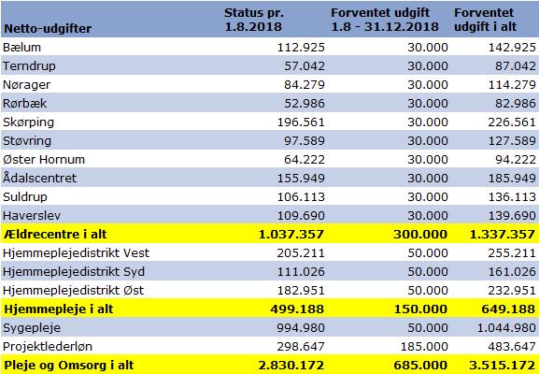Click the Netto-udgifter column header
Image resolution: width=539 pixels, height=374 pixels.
[48, 29]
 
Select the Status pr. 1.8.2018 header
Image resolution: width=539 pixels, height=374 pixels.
[254, 20]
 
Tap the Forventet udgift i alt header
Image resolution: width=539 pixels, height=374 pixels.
[486, 20]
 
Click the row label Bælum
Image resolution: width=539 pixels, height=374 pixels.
[22, 47]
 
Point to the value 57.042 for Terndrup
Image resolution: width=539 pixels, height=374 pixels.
[305, 65]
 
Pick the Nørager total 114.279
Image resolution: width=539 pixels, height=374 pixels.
[512, 85]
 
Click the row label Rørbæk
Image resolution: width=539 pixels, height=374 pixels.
[24, 103]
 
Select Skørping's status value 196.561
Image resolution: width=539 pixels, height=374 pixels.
[301, 122]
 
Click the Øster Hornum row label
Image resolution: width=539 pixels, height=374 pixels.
[44, 159]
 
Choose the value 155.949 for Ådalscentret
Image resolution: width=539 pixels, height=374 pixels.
[301, 178]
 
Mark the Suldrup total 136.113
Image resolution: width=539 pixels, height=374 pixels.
[512, 196]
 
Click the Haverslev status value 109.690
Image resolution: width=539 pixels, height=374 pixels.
[301, 215]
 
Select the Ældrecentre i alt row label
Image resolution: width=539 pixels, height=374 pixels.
[55, 235]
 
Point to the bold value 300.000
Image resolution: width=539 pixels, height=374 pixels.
[420, 235]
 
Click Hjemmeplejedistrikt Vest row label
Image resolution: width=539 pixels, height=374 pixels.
[76, 252]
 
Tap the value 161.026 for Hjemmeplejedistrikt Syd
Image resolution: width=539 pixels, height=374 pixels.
[512, 271]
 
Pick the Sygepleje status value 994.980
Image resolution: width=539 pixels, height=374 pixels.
[301, 327]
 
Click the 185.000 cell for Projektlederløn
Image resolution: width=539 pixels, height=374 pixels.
[424, 346]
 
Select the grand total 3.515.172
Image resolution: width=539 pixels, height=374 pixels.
[503, 365]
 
